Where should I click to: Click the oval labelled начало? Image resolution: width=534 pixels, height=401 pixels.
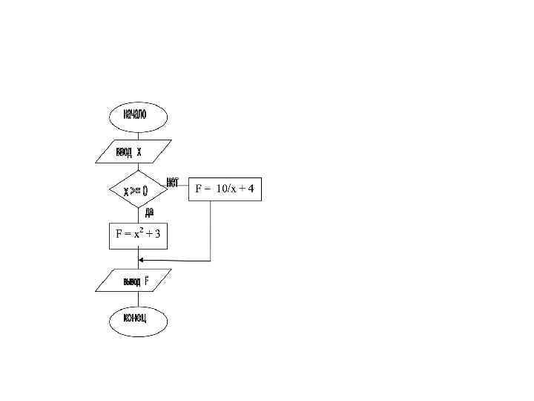[139, 116]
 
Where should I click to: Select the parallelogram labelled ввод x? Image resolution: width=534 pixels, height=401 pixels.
[133, 152]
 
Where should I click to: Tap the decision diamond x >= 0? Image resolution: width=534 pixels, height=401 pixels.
[138, 192]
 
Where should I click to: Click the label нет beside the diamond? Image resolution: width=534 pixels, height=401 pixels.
[172, 181]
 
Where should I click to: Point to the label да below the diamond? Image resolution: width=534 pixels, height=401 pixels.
[150, 212]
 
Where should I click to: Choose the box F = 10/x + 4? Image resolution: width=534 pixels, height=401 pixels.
[225, 190]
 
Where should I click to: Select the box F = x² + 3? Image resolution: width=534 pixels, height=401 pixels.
[138, 235]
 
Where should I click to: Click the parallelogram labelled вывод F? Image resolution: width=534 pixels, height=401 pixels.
[135, 282]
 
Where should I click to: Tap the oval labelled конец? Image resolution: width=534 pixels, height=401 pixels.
[139, 320]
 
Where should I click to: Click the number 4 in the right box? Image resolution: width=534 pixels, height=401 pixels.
[251, 190]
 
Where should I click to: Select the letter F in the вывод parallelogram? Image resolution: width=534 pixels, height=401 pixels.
[147, 282]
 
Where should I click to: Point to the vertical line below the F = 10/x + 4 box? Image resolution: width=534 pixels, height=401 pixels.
[211, 230]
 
